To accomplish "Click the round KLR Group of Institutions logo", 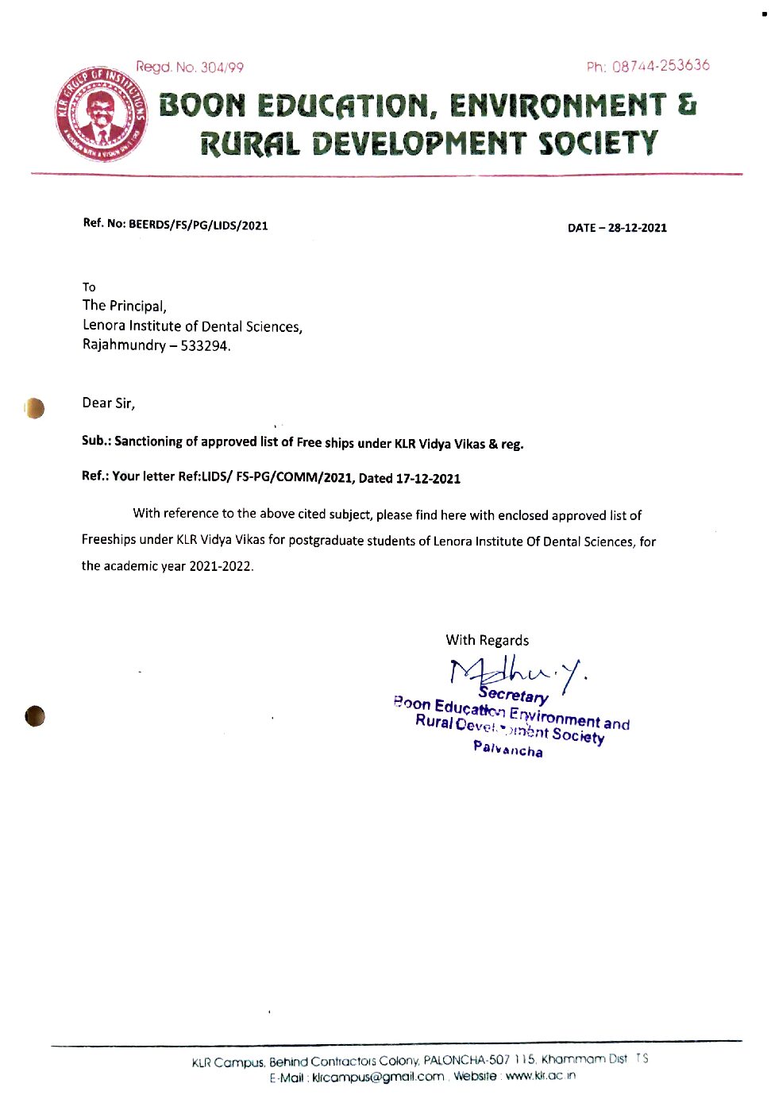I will (101, 114).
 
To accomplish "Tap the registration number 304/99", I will (222, 67).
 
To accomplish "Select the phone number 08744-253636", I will (661, 66).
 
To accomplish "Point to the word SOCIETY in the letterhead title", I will (598, 144).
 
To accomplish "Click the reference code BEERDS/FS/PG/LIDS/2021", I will (199, 225).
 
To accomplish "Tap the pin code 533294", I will (205, 346).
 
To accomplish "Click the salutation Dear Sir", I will (108, 403).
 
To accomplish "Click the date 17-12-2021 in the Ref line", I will (428, 478).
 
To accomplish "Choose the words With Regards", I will (487, 640).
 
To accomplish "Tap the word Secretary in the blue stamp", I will (513, 696).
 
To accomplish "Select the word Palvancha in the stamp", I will (508, 749).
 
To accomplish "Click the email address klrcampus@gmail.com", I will (378, 1077).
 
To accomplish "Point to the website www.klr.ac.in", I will (541, 1076).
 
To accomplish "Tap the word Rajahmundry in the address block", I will (125, 345).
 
